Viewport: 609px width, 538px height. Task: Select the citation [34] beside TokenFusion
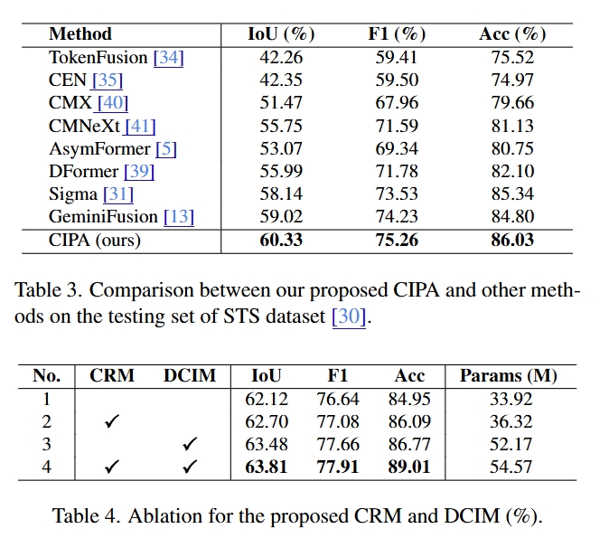[x=168, y=58]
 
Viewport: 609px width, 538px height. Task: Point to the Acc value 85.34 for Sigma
[x=512, y=194]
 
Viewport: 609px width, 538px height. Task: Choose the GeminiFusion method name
[x=104, y=217]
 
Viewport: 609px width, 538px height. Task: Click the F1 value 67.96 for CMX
[x=397, y=103]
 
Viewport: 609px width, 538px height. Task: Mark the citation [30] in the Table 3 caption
[x=348, y=316]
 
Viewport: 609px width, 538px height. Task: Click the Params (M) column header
[x=508, y=376]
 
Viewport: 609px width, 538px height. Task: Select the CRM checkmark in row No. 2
[x=112, y=422]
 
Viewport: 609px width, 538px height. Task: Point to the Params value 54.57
[x=509, y=467]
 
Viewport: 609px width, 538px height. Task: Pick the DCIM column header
[x=190, y=376]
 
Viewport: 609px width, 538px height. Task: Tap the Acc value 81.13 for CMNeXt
[x=512, y=126]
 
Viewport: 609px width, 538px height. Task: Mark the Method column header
[x=80, y=34]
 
